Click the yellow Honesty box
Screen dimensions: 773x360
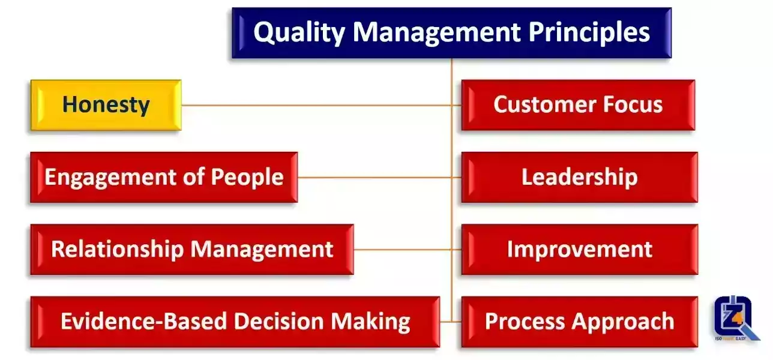tap(106, 105)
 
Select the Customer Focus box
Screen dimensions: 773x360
tap(578, 105)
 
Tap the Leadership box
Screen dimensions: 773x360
tap(579, 178)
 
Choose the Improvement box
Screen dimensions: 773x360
tap(579, 250)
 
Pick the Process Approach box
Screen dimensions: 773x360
tap(579, 322)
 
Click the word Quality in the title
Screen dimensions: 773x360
tap(299, 33)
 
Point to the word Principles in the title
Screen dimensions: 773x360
tap(589, 33)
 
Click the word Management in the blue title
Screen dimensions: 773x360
tap(436, 32)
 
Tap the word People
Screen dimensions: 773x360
tap(247, 177)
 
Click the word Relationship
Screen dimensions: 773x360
tap(118, 250)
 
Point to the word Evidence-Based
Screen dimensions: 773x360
tap(144, 321)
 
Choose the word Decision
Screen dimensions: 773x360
tap(279, 321)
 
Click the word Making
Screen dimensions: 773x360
tap(371, 322)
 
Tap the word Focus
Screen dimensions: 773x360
tap(633, 104)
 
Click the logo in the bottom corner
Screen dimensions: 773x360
tap(736, 318)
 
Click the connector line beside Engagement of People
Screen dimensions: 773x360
tap(379, 178)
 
